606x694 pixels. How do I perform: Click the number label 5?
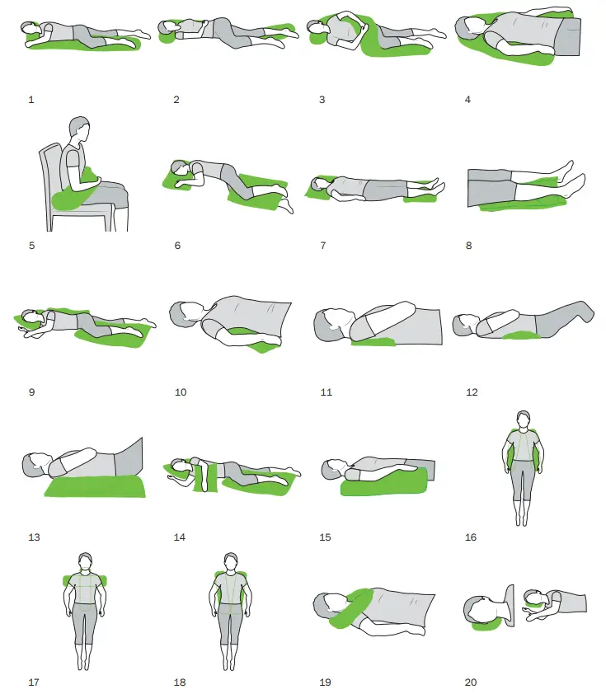click(31, 245)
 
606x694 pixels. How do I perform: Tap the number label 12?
click(472, 392)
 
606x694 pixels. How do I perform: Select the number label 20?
click(471, 682)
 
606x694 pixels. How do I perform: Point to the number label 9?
click(31, 392)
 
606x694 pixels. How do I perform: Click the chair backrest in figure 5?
click(52, 169)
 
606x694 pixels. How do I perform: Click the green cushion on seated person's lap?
click(69, 196)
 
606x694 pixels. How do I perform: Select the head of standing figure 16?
click(521, 420)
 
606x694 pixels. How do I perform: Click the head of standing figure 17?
click(85, 562)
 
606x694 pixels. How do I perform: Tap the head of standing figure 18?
click(231, 563)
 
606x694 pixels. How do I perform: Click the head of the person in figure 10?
click(186, 315)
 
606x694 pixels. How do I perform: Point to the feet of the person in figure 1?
click(140, 35)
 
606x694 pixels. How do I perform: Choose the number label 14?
click(179, 537)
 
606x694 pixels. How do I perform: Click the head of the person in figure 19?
click(332, 606)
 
